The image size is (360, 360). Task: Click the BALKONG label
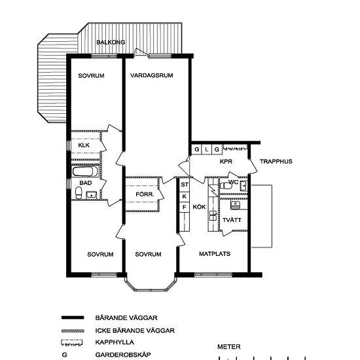[x=111, y=43]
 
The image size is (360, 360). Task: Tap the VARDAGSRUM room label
[x=152, y=75]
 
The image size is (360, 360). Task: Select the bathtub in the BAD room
[x=85, y=171]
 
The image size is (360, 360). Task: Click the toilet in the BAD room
[x=79, y=192]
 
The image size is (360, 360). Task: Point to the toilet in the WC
[x=226, y=186]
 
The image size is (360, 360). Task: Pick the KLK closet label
[x=84, y=145]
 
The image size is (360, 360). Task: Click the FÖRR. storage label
[x=145, y=194]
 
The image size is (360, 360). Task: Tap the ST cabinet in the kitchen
[x=185, y=185]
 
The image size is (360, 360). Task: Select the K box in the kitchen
[x=185, y=196]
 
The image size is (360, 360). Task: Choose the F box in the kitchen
[x=185, y=207]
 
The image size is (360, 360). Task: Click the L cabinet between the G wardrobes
[x=207, y=150]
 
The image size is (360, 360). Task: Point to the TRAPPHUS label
[x=276, y=162]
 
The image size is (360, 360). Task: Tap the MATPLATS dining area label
[x=215, y=254]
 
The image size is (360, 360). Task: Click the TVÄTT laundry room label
[x=232, y=220]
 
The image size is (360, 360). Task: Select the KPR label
[x=226, y=162]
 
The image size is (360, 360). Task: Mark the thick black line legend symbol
[x=73, y=317]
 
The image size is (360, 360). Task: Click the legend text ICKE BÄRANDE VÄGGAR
[x=135, y=331]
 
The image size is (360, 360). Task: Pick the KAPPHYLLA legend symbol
[x=72, y=342]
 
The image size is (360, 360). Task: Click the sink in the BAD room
[x=92, y=195]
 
